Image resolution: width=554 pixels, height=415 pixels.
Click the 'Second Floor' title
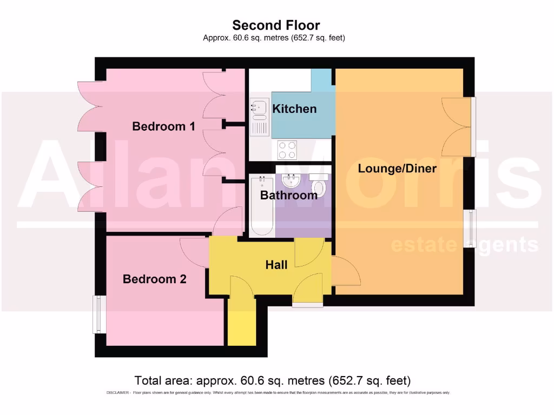276,25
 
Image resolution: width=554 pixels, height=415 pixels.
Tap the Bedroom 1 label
163,126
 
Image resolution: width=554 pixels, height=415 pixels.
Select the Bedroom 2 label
154,279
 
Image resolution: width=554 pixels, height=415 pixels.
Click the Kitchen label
294,109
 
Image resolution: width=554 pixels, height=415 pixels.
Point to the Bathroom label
289,195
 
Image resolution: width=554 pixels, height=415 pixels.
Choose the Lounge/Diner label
397,168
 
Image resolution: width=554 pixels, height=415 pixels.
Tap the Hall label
276,265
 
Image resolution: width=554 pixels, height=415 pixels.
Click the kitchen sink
259,110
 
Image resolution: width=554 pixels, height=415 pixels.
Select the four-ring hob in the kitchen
287,150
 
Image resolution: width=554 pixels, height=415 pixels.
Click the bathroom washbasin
291,180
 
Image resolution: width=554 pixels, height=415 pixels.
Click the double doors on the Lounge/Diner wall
456,126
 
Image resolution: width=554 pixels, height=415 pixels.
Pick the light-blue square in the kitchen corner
323,79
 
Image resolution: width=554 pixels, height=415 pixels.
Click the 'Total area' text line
272,380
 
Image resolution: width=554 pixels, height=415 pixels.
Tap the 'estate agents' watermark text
464,245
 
